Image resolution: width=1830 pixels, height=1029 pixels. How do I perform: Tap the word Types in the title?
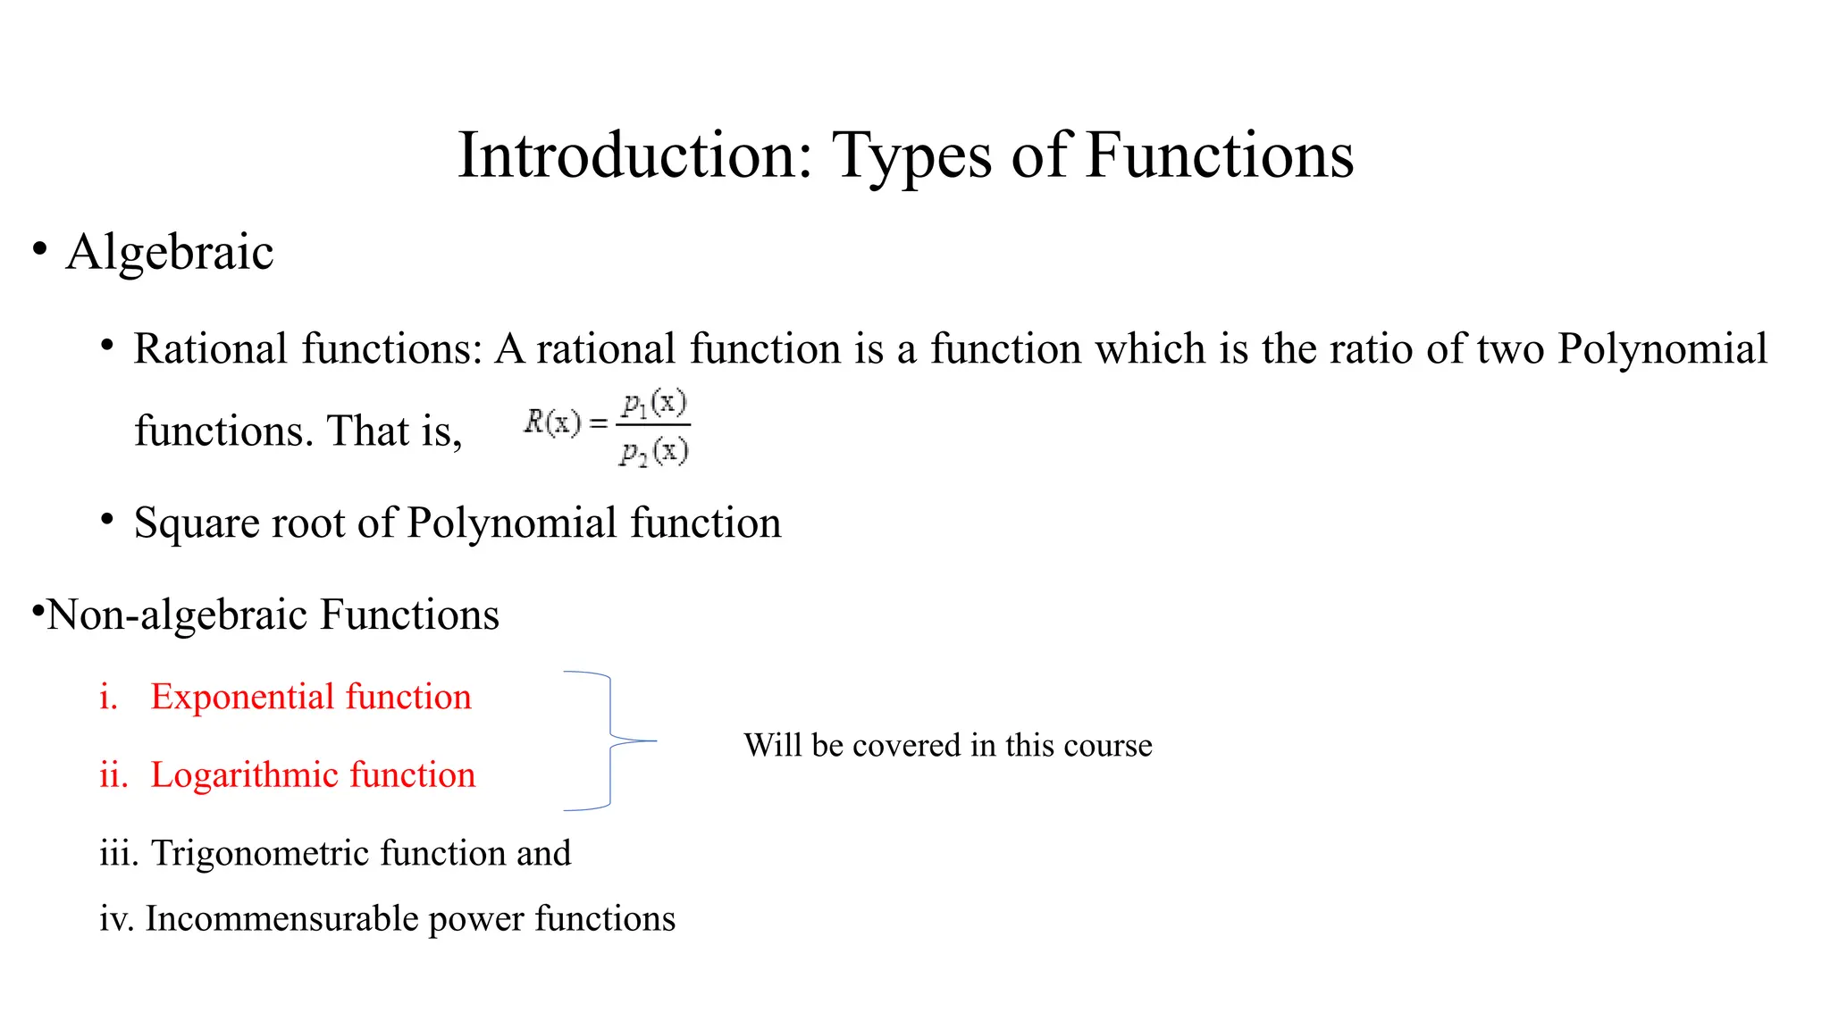(x=911, y=157)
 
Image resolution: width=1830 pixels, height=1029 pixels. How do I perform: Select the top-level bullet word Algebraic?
(x=170, y=252)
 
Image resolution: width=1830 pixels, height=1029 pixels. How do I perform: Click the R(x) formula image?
(x=607, y=428)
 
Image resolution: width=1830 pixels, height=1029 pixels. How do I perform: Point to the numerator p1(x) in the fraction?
(x=654, y=405)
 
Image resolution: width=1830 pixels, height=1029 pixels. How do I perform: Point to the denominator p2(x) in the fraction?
(x=654, y=452)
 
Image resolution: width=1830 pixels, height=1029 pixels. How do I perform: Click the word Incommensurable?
(x=281, y=918)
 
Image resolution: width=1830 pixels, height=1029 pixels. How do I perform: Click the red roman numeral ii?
(x=113, y=774)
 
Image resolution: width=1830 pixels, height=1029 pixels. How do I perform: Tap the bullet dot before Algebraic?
(x=39, y=249)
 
